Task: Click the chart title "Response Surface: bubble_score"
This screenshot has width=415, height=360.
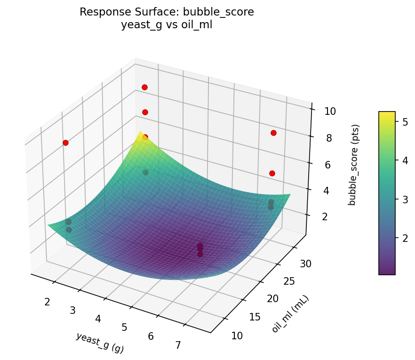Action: tap(167, 12)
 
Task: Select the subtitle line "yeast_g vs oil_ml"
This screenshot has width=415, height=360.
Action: tap(167, 25)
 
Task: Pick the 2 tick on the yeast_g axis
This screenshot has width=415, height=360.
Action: tap(47, 302)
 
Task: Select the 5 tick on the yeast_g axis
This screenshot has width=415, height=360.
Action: tap(124, 327)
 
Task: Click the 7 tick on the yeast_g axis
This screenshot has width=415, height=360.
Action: tap(178, 345)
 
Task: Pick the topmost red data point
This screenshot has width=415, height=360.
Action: tap(144, 87)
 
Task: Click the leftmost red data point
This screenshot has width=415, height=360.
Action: tap(65, 143)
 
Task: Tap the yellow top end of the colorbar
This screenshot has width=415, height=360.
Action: tap(387, 113)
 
